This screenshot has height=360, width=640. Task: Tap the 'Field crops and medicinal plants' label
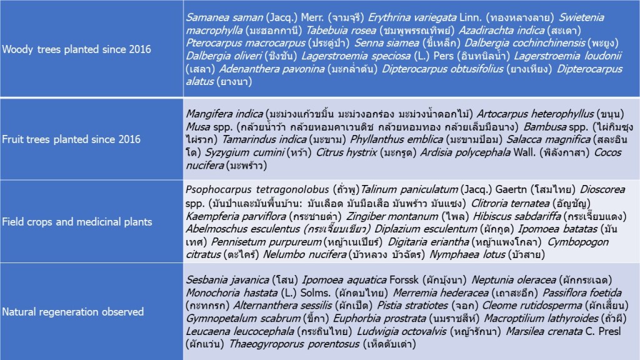(77, 221)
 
